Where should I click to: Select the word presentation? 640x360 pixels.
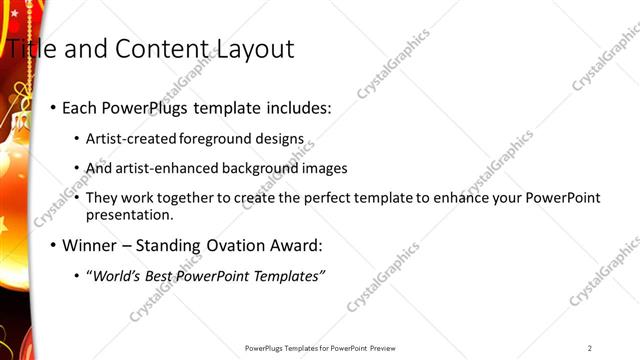(130, 214)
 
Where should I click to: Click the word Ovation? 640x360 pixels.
(231, 245)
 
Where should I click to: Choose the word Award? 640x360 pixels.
(296, 245)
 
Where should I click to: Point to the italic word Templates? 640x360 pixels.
(290, 276)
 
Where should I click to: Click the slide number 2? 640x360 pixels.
(590, 348)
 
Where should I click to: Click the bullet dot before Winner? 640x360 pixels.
(53, 245)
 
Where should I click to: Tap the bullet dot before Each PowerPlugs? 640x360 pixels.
(53, 108)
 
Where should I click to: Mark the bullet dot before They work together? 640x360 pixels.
(78, 197)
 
